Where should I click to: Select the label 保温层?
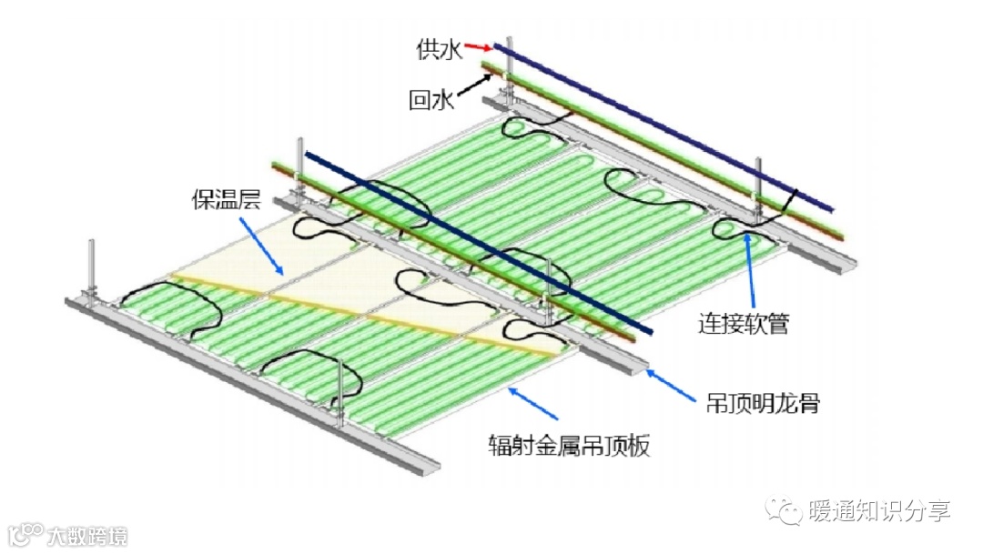(219, 199)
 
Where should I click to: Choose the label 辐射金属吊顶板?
(570, 446)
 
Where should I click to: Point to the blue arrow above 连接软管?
(751, 268)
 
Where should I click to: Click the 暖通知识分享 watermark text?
(879, 512)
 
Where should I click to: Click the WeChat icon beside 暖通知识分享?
(784, 511)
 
